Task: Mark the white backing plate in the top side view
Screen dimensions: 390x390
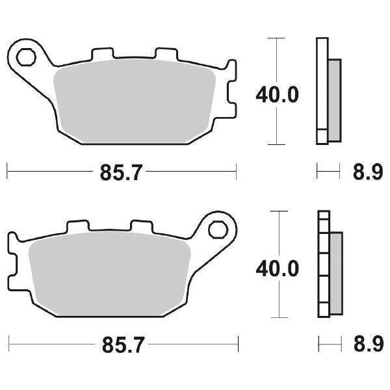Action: tap(321, 91)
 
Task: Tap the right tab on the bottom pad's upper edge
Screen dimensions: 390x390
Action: tap(140, 225)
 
